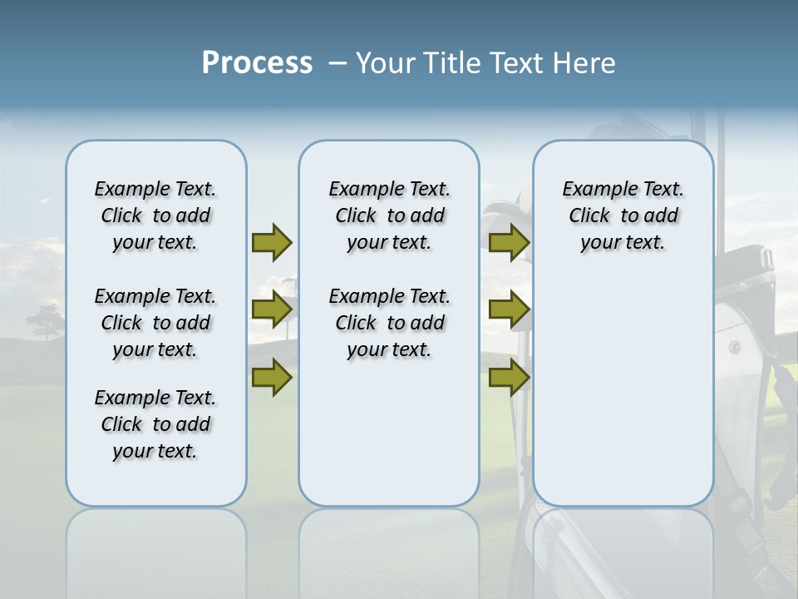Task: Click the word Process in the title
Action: [257, 63]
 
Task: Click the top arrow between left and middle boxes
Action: [272, 242]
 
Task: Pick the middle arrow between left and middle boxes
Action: [272, 309]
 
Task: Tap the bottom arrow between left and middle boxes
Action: [272, 378]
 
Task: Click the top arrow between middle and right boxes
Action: [509, 242]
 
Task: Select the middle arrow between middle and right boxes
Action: [509, 309]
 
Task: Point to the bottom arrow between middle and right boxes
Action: [509, 378]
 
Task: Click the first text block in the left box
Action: [155, 215]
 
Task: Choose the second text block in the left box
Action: [155, 323]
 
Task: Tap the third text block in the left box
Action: [155, 424]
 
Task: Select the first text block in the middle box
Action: [389, 215]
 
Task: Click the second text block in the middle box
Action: [389, 323]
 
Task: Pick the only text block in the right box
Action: [623, 215]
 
